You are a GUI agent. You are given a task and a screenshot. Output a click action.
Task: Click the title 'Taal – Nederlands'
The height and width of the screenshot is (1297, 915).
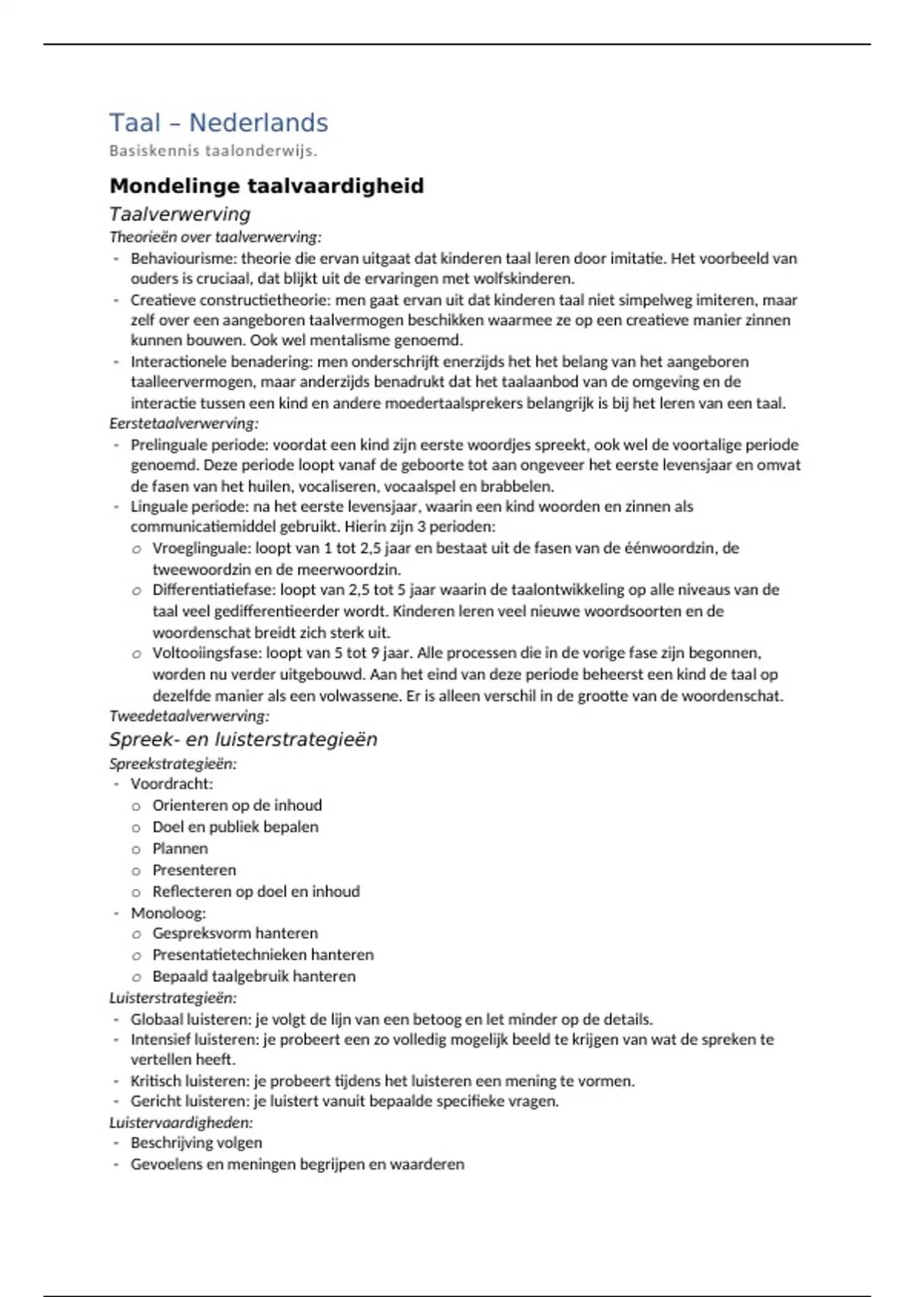point(218,123)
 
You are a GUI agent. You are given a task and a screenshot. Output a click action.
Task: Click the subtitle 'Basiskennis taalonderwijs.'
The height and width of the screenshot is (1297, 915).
point(213,151)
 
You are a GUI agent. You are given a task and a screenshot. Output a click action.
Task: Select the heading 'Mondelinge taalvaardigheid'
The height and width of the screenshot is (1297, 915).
point(266,186)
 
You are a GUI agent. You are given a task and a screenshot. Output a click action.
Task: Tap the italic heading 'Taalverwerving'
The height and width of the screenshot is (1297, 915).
point(179,214)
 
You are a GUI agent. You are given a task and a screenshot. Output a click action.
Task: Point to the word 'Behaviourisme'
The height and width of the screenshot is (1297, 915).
point(183,259)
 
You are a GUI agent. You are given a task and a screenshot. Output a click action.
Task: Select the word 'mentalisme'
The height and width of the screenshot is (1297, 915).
point(353,341)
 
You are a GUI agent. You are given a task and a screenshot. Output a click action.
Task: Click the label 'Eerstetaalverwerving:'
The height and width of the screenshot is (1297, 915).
point(184,423)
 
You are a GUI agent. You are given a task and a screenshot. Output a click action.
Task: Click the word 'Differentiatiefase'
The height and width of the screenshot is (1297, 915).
point(213,590)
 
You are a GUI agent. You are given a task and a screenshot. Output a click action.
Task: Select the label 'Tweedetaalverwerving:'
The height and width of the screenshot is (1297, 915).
point(189,716)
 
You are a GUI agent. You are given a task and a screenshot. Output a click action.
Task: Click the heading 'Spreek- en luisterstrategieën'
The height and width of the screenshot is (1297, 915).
point(242,739)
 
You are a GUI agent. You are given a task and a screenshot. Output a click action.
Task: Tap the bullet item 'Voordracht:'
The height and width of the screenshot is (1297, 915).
point(172,784)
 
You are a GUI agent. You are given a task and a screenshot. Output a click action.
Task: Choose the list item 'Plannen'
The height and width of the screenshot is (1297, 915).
point(180,849)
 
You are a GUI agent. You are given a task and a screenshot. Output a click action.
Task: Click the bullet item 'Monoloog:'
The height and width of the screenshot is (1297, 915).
point(168,913)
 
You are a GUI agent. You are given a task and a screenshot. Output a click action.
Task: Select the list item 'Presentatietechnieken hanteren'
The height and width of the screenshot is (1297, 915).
point(262,955)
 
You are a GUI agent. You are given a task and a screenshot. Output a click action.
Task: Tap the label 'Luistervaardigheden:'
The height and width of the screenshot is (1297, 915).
point(181,1123)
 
